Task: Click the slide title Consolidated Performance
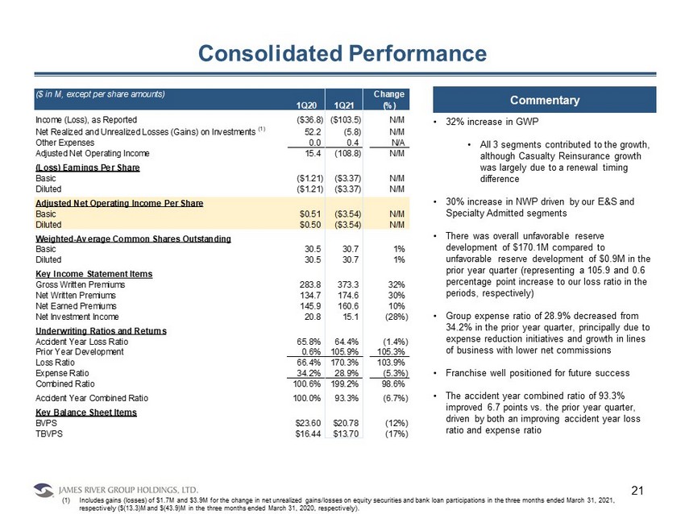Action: click(x=342, y=53)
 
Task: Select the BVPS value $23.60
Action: click(x=308, y=423)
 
